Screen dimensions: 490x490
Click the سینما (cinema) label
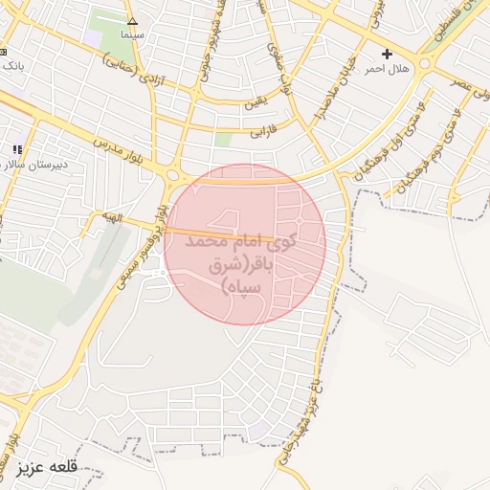coord(132,33)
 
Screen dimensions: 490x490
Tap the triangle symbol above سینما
coord(132,20)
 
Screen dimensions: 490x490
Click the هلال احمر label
coord(390,68)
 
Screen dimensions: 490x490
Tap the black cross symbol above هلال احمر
coord(387,54)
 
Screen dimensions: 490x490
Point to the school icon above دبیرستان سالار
coord(16,149)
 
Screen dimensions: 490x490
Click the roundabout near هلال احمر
coord(423,61)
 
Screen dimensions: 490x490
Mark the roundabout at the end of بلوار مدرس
coord(173,175)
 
